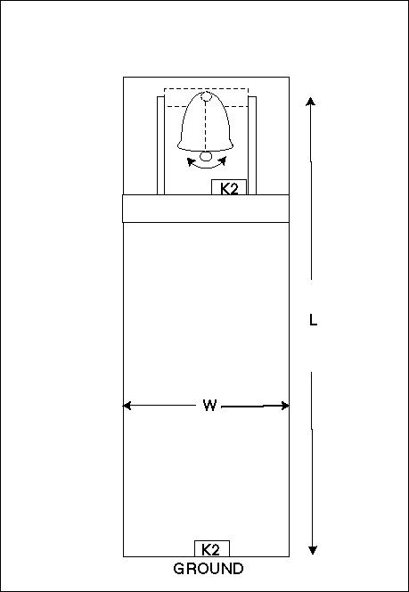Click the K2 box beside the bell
tap(229, 187)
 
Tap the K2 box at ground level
tap(212, 548)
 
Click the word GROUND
tap(209, 569)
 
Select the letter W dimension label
tap(209, 406)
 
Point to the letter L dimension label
tap(313, 320)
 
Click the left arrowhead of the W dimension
tap(127, 406)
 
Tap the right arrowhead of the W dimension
tap(285, 406)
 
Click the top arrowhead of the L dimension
tap(310, 101)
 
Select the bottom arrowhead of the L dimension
tap(313, 550)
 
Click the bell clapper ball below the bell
tap(206, 156)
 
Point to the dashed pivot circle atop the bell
tap(206, 96)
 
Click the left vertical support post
tap(160, 145)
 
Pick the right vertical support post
tap(252, 145)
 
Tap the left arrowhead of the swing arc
tap(192, 161)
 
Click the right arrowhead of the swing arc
tap(222, 160)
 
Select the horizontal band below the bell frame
tap(206, 209)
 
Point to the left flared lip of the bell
tap(181, 144)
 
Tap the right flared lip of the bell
tap(230, 144)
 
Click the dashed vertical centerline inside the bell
tap(206, 126)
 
